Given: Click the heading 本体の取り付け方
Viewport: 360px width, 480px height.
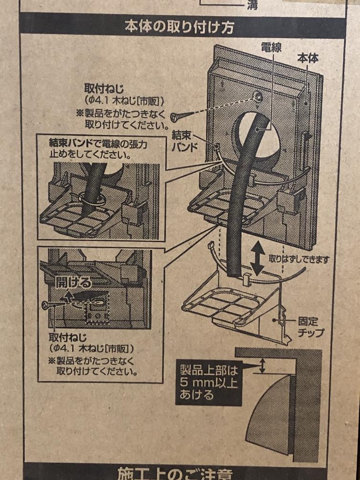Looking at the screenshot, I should point(180,27).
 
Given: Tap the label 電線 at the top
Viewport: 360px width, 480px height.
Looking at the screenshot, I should point(271,47).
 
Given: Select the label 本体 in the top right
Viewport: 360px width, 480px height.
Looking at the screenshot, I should point(307,59).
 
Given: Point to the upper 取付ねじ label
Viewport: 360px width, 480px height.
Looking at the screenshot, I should point(104,89).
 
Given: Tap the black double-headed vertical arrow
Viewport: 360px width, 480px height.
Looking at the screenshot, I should point(258,258).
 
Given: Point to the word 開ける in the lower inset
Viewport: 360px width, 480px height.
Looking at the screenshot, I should point(73,282).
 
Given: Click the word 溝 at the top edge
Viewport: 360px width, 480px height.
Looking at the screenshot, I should point(252,5).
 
